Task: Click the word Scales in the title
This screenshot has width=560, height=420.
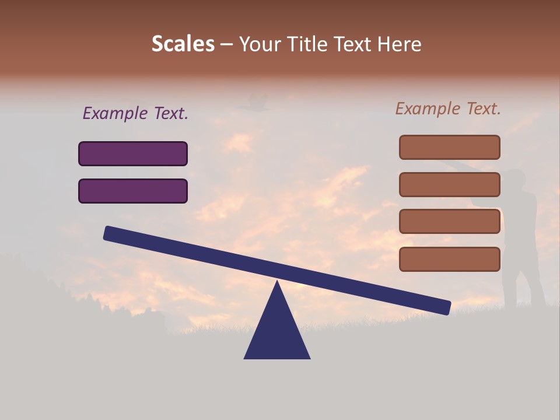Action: (183, 44)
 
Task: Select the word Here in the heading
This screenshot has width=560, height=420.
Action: (399, 44)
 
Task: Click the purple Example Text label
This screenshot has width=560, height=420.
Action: (135, 113)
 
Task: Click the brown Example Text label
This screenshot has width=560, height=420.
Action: (448, 108)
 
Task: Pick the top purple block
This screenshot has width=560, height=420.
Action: (133, 153)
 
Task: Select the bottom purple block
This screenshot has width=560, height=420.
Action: (133, 191)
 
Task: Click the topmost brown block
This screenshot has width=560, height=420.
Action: (449, 147)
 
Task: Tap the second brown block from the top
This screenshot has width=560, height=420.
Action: (449, 184)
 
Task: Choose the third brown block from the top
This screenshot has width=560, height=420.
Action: (449, 222)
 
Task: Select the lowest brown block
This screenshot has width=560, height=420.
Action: (449, 259)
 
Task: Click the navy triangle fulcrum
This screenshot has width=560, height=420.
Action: (277, 332)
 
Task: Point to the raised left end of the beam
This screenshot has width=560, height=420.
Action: (108, 233)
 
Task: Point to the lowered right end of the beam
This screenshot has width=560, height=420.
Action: (446, 307)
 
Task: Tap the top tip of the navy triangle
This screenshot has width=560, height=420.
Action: (277, 283)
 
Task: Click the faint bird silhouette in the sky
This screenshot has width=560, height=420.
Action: (253, 103)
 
